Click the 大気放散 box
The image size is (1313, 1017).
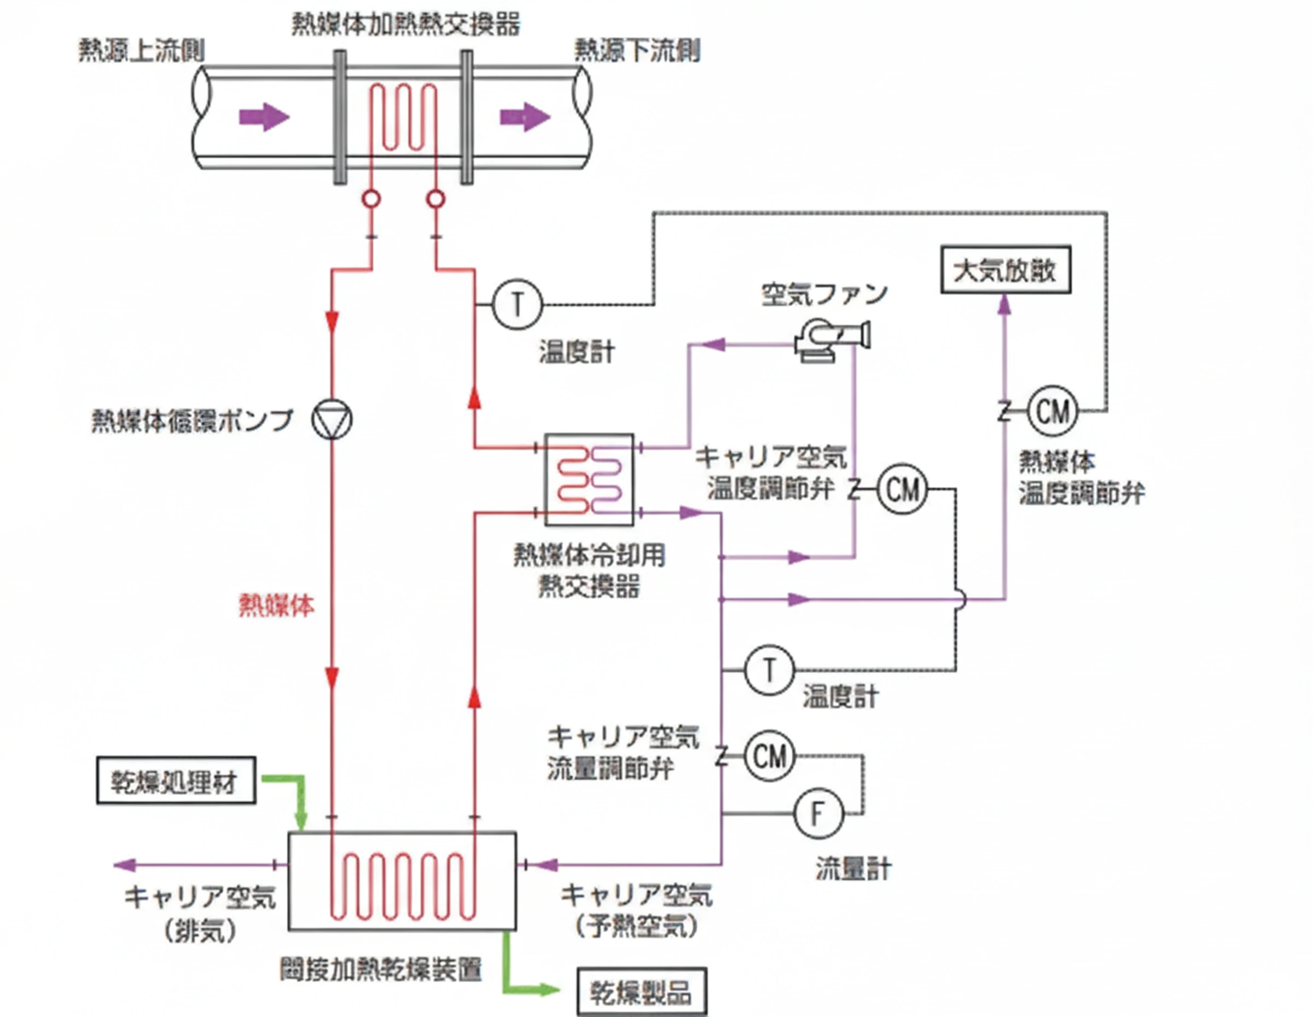[x=1005, y=269]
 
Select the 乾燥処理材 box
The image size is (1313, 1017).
[x=176, y=781]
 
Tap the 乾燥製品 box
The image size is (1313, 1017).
[x=642, y=992]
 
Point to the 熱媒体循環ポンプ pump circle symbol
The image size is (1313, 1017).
[x=332, y=419]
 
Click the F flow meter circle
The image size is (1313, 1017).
[x=818, y=814]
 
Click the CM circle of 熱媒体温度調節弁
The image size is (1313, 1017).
[x=1052, y=412]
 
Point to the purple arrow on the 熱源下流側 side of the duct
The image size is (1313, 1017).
[x=524, y=117]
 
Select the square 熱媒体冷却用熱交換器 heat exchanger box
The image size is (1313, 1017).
[x=589, y=480]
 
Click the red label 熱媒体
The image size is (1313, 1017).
[x=276, y=605]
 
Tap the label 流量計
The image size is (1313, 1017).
[x=853, y=869]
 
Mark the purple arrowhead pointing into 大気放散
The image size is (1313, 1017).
[x=1004, y=304]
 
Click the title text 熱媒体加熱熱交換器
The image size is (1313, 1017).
[x=406, y=25]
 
